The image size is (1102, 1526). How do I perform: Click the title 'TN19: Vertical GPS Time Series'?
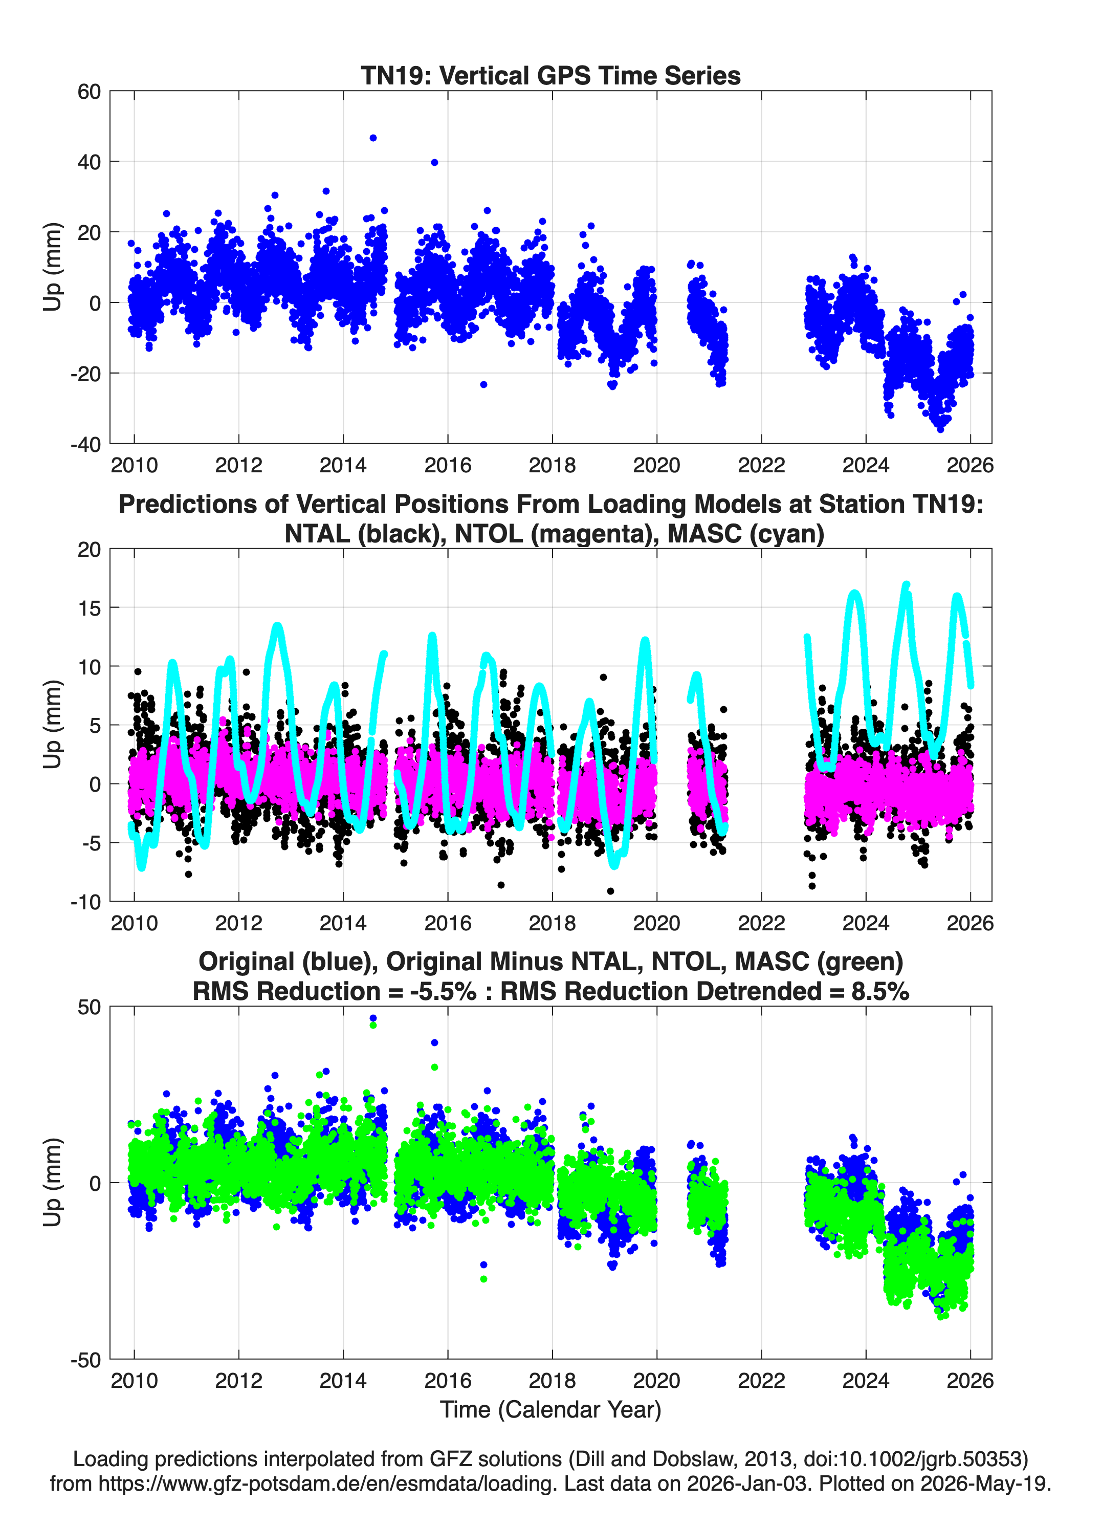550,75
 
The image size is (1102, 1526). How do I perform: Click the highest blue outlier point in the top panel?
373,138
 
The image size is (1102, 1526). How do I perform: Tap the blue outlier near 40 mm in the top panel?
435,162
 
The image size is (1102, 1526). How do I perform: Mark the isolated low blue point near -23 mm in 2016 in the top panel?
483,384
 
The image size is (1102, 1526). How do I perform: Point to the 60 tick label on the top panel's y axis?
89,92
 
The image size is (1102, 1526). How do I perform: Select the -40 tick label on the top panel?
85,444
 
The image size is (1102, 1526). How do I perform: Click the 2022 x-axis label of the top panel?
762,465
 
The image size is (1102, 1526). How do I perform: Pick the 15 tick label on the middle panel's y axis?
90,607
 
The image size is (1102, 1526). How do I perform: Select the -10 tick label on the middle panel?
85,902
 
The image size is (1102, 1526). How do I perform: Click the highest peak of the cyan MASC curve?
906,585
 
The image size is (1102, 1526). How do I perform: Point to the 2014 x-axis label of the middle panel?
343,923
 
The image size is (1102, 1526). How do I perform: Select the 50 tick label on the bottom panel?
89,1007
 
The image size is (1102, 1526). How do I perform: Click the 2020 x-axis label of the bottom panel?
656,1380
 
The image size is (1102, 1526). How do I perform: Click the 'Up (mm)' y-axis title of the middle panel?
53,725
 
